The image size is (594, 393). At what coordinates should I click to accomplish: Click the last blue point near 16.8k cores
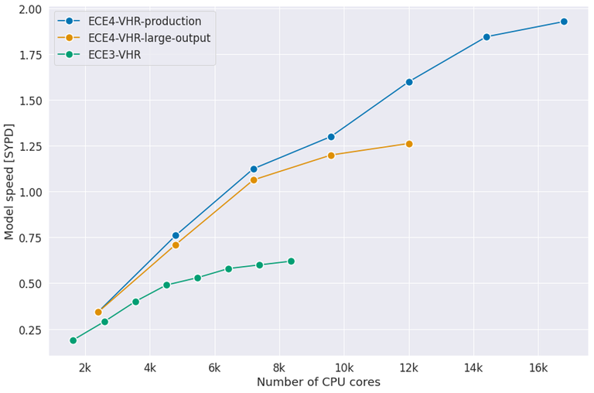pos(564,22)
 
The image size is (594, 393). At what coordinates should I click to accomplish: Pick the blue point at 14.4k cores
pos(486,37)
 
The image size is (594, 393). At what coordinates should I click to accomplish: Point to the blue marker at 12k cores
pos(409,82)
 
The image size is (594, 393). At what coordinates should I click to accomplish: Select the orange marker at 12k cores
pos(409,144)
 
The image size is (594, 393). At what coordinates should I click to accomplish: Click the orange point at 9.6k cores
pos(331,155)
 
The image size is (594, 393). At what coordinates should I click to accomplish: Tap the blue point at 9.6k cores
pos(331,137)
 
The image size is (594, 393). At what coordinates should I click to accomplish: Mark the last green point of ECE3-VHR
pos(291,261)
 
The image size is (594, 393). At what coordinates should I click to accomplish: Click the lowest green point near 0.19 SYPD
pos(73,340)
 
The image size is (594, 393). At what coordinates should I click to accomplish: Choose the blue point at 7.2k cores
pos(254,169)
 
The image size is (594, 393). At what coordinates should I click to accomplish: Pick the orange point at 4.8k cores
pos(176,245)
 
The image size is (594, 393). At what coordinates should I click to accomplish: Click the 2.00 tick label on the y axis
pos(30,9)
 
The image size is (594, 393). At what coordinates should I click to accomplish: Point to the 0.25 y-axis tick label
pos(30,330)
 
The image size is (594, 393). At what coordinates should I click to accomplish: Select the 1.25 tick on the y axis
pos(30,146)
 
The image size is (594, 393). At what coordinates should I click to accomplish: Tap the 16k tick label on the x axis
pos(538,367)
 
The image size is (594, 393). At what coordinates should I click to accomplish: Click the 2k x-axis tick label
pos(85,367)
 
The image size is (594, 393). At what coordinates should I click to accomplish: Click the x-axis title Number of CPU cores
pos(318,382)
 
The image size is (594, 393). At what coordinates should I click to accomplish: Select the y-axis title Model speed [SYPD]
pos(9,181)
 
